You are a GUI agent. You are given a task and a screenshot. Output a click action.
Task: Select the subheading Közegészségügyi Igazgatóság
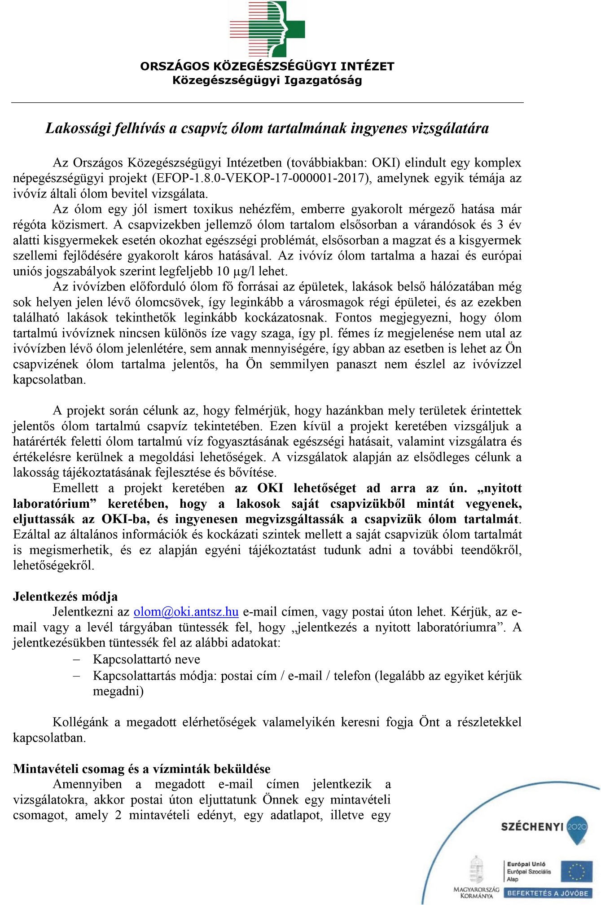point(267,81)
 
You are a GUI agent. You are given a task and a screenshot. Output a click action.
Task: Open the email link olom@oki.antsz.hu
point(186,612)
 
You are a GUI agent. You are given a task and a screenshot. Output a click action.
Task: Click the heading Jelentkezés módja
point(66,597)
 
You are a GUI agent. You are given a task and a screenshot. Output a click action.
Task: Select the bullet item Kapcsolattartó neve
point(146,659)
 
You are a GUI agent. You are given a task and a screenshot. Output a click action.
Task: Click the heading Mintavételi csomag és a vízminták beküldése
point(142,769)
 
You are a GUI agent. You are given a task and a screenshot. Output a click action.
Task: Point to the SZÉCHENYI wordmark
point(532,827)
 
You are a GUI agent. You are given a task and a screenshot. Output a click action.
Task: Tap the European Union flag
point(576,872)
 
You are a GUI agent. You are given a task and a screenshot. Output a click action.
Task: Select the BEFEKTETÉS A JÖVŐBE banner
point(548,893)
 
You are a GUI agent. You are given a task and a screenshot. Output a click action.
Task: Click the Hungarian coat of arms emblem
point(476,870)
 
